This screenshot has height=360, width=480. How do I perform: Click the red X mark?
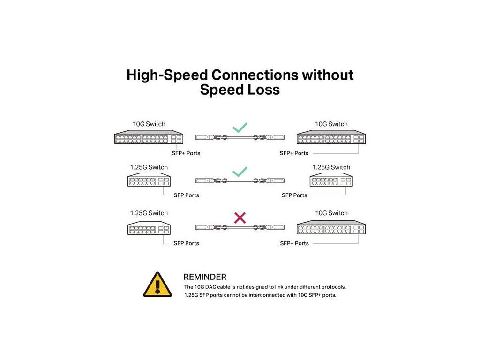point(240,217)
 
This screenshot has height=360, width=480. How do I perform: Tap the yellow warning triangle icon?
point(157,285)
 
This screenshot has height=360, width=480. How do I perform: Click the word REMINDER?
point(205,277)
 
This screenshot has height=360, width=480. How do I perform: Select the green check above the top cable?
point(240,127)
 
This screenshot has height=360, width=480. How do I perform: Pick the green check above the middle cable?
point(240,171)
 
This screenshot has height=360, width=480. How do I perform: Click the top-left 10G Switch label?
point(149,124)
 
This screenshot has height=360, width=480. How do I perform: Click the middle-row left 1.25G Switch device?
point(149,181)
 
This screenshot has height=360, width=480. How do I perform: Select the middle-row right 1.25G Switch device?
point(331,181)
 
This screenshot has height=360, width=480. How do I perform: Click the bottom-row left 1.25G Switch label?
point(149,213)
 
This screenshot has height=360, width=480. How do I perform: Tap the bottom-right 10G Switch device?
point(331,228)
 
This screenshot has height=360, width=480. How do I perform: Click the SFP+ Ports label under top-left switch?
point(186,153)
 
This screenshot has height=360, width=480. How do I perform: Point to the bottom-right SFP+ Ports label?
point(294,243)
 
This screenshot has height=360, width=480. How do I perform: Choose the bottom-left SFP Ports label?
point(186,243)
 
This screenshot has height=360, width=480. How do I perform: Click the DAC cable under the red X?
point(240,227)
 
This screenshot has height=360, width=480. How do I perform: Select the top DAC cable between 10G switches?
point(240,138)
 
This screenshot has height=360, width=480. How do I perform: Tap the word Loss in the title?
point(264,90)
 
